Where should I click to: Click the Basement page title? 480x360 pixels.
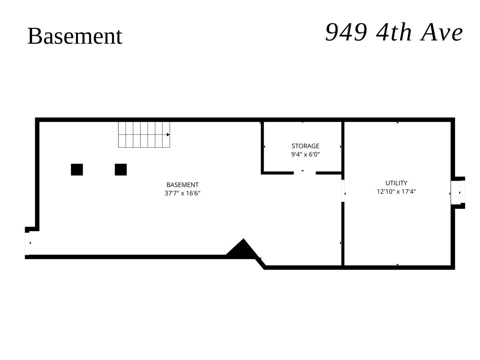coord(74,36)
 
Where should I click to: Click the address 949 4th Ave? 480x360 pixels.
coord(394,32)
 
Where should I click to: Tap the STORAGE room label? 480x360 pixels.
coord(305,146)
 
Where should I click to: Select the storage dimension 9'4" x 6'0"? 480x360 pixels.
coord(305,154)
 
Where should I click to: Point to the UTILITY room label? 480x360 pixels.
coord(396,183)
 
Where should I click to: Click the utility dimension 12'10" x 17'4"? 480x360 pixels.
coord(396,192)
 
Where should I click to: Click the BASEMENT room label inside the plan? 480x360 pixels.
coord(182,185)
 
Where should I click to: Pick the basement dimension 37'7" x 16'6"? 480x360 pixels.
coord(182,193)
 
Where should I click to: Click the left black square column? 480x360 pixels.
coord(77,170)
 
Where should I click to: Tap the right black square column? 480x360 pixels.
coord(121,170)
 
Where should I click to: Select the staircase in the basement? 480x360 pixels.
coord(144,135)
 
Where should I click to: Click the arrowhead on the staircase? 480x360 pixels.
coord(168,135)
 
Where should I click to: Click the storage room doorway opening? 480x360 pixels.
coord(305,173)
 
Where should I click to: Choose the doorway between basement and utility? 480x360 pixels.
coord(343,191)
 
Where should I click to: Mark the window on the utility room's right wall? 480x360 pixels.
coord(458,193)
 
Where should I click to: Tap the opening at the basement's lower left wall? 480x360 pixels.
coord(27,244)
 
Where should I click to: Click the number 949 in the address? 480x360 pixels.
coord(346,32)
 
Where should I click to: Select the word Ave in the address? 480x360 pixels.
coord(442,33)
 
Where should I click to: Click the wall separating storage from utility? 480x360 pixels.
coord(343,147)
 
